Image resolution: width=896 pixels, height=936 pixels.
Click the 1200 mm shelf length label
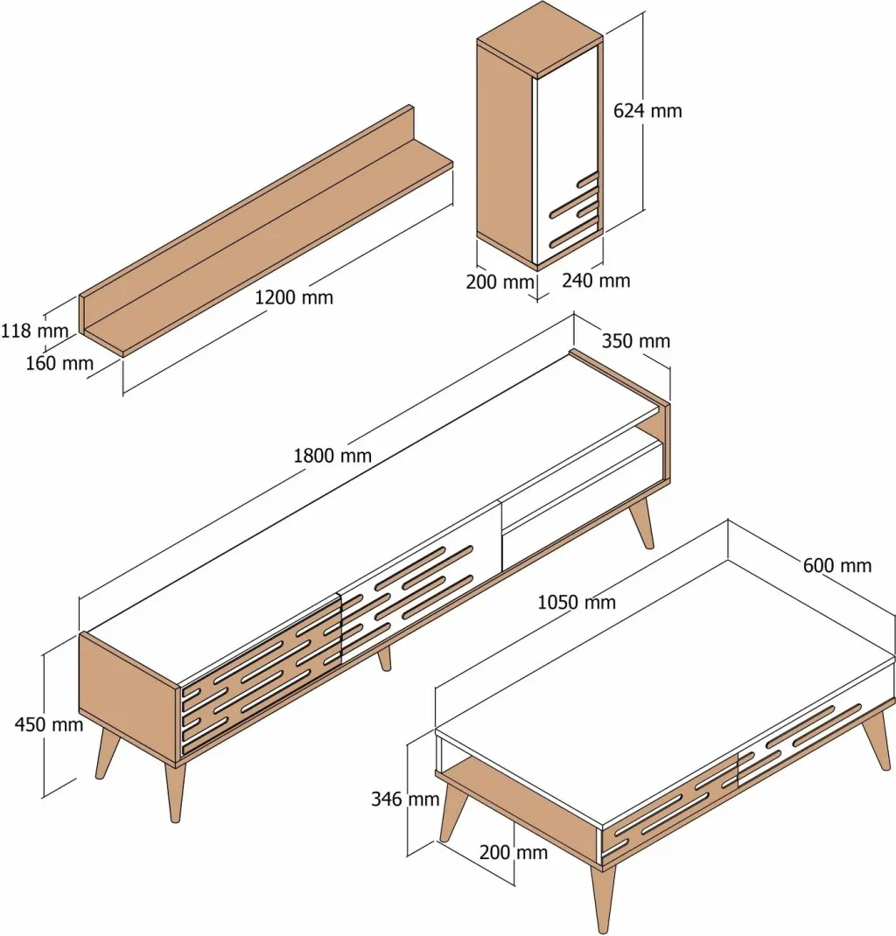294,297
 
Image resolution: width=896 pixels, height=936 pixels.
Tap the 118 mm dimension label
35,330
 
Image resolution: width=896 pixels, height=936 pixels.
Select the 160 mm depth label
59,363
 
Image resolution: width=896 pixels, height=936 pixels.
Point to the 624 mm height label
647,110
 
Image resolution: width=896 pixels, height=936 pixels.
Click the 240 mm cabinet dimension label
596,280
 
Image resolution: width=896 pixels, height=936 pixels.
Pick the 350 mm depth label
636,341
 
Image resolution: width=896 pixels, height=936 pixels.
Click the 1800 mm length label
332,456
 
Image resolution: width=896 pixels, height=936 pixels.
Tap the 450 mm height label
49,724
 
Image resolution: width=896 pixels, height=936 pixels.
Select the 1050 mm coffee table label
577,603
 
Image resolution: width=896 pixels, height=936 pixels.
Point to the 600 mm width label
836,565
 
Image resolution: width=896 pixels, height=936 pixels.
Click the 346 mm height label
405,799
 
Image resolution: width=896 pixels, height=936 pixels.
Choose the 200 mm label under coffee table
514,852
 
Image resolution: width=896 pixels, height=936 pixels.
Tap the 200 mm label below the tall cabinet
500,281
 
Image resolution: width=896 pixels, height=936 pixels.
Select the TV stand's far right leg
641,522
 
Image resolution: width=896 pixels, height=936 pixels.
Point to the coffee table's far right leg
876,740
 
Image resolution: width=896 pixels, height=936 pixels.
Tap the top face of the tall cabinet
540,38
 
